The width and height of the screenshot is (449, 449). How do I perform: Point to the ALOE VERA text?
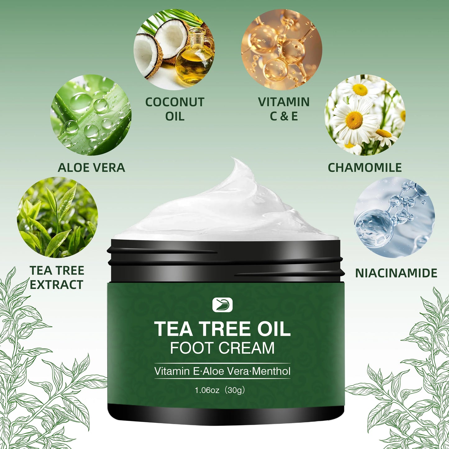click(91, 168)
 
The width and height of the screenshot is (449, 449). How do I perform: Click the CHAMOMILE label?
click(365, 168)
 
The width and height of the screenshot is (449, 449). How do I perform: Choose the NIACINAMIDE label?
click(396, 273)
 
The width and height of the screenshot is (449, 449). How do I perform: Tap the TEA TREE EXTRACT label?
click(57, 277)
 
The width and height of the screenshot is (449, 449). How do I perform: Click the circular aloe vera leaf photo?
click(91, 115)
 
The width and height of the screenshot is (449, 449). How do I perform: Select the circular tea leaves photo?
click(57, 217)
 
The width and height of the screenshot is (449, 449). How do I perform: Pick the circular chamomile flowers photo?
click(365, 115)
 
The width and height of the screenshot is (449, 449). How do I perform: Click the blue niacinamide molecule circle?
click(394, 217)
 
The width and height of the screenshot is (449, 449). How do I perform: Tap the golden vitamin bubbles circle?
click(282, 50)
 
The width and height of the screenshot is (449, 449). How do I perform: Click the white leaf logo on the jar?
click(222, 305)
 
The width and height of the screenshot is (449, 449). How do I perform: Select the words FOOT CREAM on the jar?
click(222, 348)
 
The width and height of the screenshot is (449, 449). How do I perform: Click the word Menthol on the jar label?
click(271, 371)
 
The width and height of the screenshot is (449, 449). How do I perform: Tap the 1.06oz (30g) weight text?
click(220, 390)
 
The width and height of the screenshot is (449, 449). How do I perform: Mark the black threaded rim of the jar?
click(225, 261)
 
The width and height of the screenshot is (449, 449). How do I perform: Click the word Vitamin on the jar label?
click(172, 371)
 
